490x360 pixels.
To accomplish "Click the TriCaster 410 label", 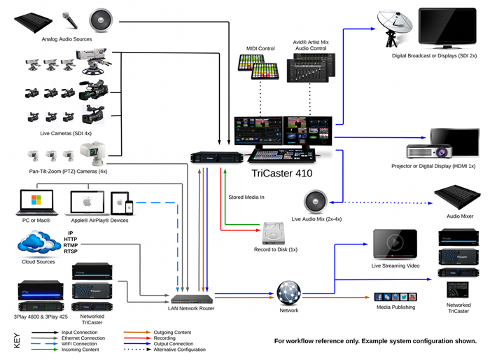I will [282, 172].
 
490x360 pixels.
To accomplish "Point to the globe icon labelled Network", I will [288, 291].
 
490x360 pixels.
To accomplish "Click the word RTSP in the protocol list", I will [71, 251].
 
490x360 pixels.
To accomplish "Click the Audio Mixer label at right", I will [459, 216].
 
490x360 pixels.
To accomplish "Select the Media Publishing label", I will [396, 307].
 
